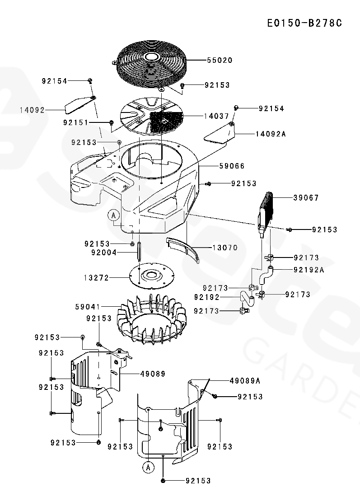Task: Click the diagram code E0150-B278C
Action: pos(304,23)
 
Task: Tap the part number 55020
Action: pos(220,60)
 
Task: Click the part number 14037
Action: pos(216,116)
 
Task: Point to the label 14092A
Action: pos(271,134)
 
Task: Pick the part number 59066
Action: pos(232,166)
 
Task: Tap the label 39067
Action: pos(306,198)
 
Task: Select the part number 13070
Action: pos(225,248)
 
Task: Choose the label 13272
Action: pos(96,278)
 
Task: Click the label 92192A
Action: pos(309,270)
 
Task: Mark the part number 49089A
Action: pos(245,381)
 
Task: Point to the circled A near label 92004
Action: pos(114,215)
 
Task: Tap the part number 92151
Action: pos(76,122)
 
